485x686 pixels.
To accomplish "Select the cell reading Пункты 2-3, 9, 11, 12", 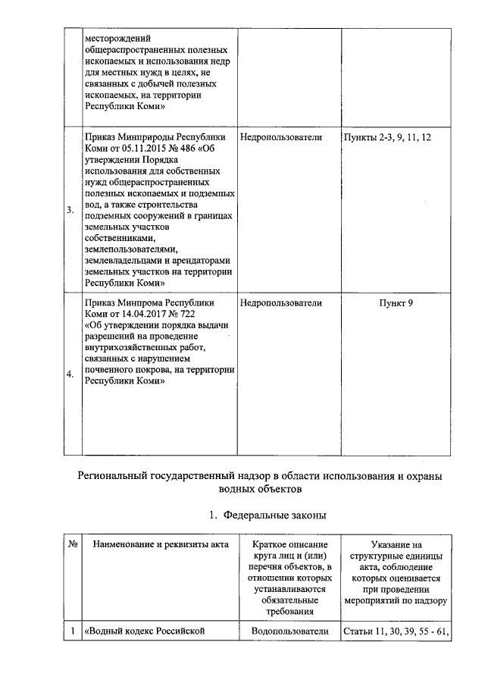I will pos(387,137).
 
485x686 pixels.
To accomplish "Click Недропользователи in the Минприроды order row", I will pos(280,137).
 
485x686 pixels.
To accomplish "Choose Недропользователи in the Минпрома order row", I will pos(280,302).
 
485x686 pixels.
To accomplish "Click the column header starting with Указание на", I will pos(396,544).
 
